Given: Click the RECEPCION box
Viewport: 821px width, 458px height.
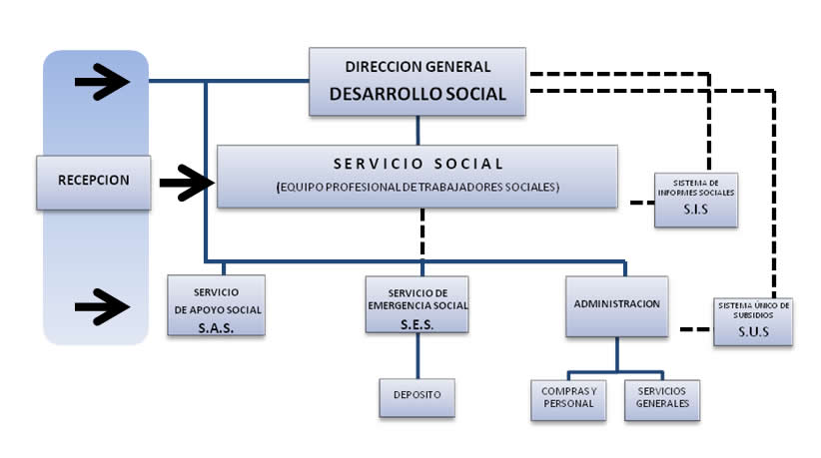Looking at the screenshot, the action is pyautogui.click(x=94, y=183).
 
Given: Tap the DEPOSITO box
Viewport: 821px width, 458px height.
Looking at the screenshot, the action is pyautogui.click(x=417, y=397).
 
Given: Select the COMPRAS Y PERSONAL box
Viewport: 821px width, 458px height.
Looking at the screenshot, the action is pyautogui.click(x=568, y=400).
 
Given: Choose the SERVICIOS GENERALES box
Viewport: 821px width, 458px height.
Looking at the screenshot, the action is pyautogui.click(x=662, y=400).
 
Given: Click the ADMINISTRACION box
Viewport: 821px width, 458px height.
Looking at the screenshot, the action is pyautogui.click(x=617, y=306).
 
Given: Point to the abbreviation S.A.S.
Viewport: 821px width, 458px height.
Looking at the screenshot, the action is pyautogui.click(x=216, y=328).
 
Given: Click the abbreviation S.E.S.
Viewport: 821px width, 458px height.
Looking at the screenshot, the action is pyautogui.click(x=416, y=324).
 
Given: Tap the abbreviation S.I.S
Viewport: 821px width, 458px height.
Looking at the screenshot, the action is pyautogui.click(x=696, y=210).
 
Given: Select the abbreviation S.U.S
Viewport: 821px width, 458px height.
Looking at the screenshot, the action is pyautogui.click(x=753, y=331).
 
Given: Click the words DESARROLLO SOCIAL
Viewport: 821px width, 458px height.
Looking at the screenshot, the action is pyautogui.click(x=417, y=94).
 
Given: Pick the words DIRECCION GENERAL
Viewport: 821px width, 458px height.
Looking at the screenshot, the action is pyautogui.click(x=417, y=67).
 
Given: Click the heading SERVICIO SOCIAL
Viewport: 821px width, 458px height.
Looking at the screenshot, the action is pyautogui.click(x=417, y=164).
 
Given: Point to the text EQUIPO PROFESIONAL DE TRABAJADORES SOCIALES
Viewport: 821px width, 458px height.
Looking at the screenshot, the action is pyautogui.click(x=417, y=188).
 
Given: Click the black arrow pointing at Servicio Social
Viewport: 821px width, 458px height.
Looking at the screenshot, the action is pyautogui.click(x=187, y=183).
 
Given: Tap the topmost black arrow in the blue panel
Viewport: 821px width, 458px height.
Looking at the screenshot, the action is pyautogui.click(x=102, y=82).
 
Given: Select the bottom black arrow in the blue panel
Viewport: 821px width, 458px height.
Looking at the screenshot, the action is pyautogui.click(x=102, y=307).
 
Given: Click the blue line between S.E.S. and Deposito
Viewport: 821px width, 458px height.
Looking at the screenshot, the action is pyautogui.click(x=417, y=355).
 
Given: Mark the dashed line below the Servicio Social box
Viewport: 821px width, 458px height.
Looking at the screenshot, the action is pyautogui.click(x=422, y=233).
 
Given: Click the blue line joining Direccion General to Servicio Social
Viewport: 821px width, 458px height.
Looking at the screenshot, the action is pyautogui.click(x=417, y=130).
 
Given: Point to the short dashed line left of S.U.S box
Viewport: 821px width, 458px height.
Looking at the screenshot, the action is pyautogui.click(x=696, y=329).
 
